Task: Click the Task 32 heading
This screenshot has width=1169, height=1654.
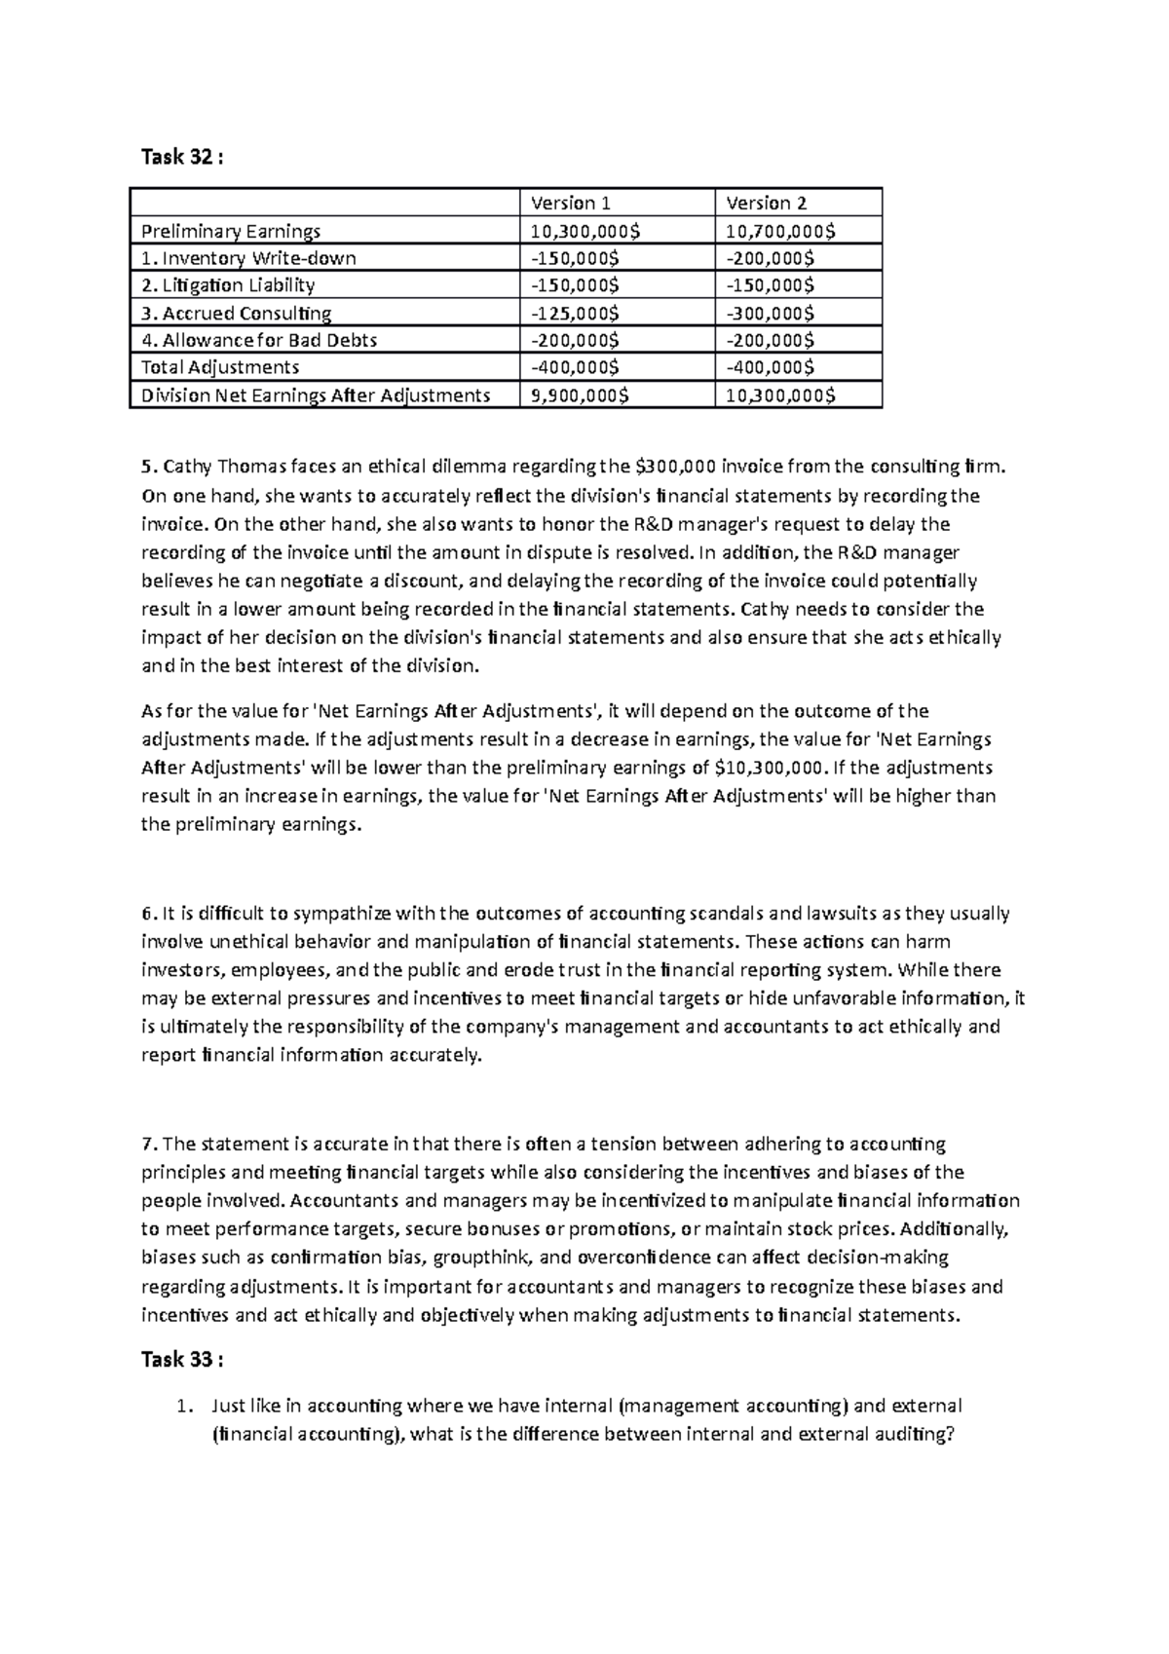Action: coord(181,157)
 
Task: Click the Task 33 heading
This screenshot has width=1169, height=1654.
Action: coord(181,1360)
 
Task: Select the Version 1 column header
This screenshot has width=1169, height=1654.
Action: coord(571,203)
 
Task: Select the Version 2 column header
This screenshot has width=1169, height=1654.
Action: coord(767,203)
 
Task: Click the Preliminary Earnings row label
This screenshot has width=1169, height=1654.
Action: coord(231,231)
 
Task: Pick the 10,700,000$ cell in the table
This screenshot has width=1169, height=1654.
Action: coord(779,231)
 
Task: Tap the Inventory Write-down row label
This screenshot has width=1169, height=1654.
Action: coord(248,258)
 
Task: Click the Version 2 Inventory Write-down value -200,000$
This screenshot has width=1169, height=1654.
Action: coord(770,258)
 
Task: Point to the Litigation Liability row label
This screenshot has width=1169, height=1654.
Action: coord(228,285)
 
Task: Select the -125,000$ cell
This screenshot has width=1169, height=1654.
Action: coord(574,313)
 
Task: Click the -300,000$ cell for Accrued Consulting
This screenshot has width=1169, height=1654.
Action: coord(770,313)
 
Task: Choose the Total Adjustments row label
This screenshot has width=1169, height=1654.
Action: coord(220,367)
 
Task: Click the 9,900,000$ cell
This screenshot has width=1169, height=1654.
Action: coord(579,395)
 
